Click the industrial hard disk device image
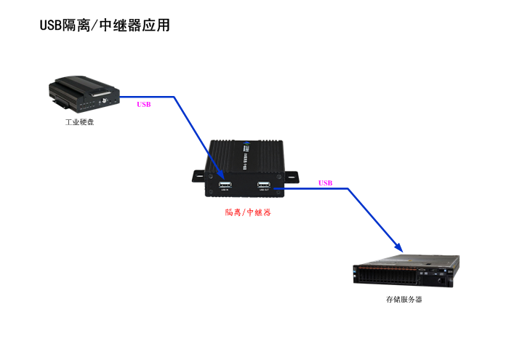click(84, 95)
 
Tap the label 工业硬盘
click(80, 121)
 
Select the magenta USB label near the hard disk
click(144, 105)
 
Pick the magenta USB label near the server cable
click(325, 183)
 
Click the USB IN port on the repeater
click(224, 185)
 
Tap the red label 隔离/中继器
click(248, 213)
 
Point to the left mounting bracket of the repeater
click(199, 176)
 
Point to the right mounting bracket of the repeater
click(291, 176)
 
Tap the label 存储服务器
click(404, 299)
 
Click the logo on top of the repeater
click(247, 146)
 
